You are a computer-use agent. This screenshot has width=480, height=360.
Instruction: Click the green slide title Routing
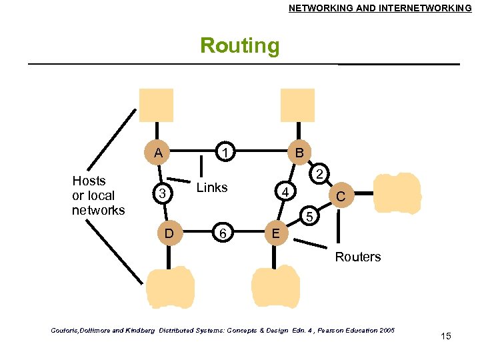point(240,46)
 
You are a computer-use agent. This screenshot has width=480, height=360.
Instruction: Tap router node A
point(158,153)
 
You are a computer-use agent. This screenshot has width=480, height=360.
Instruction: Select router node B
point(300,153)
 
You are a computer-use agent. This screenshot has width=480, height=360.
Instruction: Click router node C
point(341,197)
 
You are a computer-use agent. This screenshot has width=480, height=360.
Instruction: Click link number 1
point(227,153)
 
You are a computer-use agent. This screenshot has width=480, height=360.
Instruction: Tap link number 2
point(320,175)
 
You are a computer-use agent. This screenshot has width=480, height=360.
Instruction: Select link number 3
point(161,194)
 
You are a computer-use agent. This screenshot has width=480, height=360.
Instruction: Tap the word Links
point(212,187)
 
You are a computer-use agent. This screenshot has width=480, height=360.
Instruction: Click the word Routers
point(358,257)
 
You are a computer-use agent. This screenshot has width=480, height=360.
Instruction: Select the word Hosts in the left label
point(89,181)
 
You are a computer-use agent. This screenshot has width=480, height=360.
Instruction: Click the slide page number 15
point(446,336)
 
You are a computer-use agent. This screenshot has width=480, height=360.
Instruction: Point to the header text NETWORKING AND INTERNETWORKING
point(379,8)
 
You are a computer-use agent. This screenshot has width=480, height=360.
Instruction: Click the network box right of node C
point(397,193)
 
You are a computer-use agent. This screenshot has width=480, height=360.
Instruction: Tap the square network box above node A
point(156,105)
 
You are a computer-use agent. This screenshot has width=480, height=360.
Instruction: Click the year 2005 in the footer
point(384,330)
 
